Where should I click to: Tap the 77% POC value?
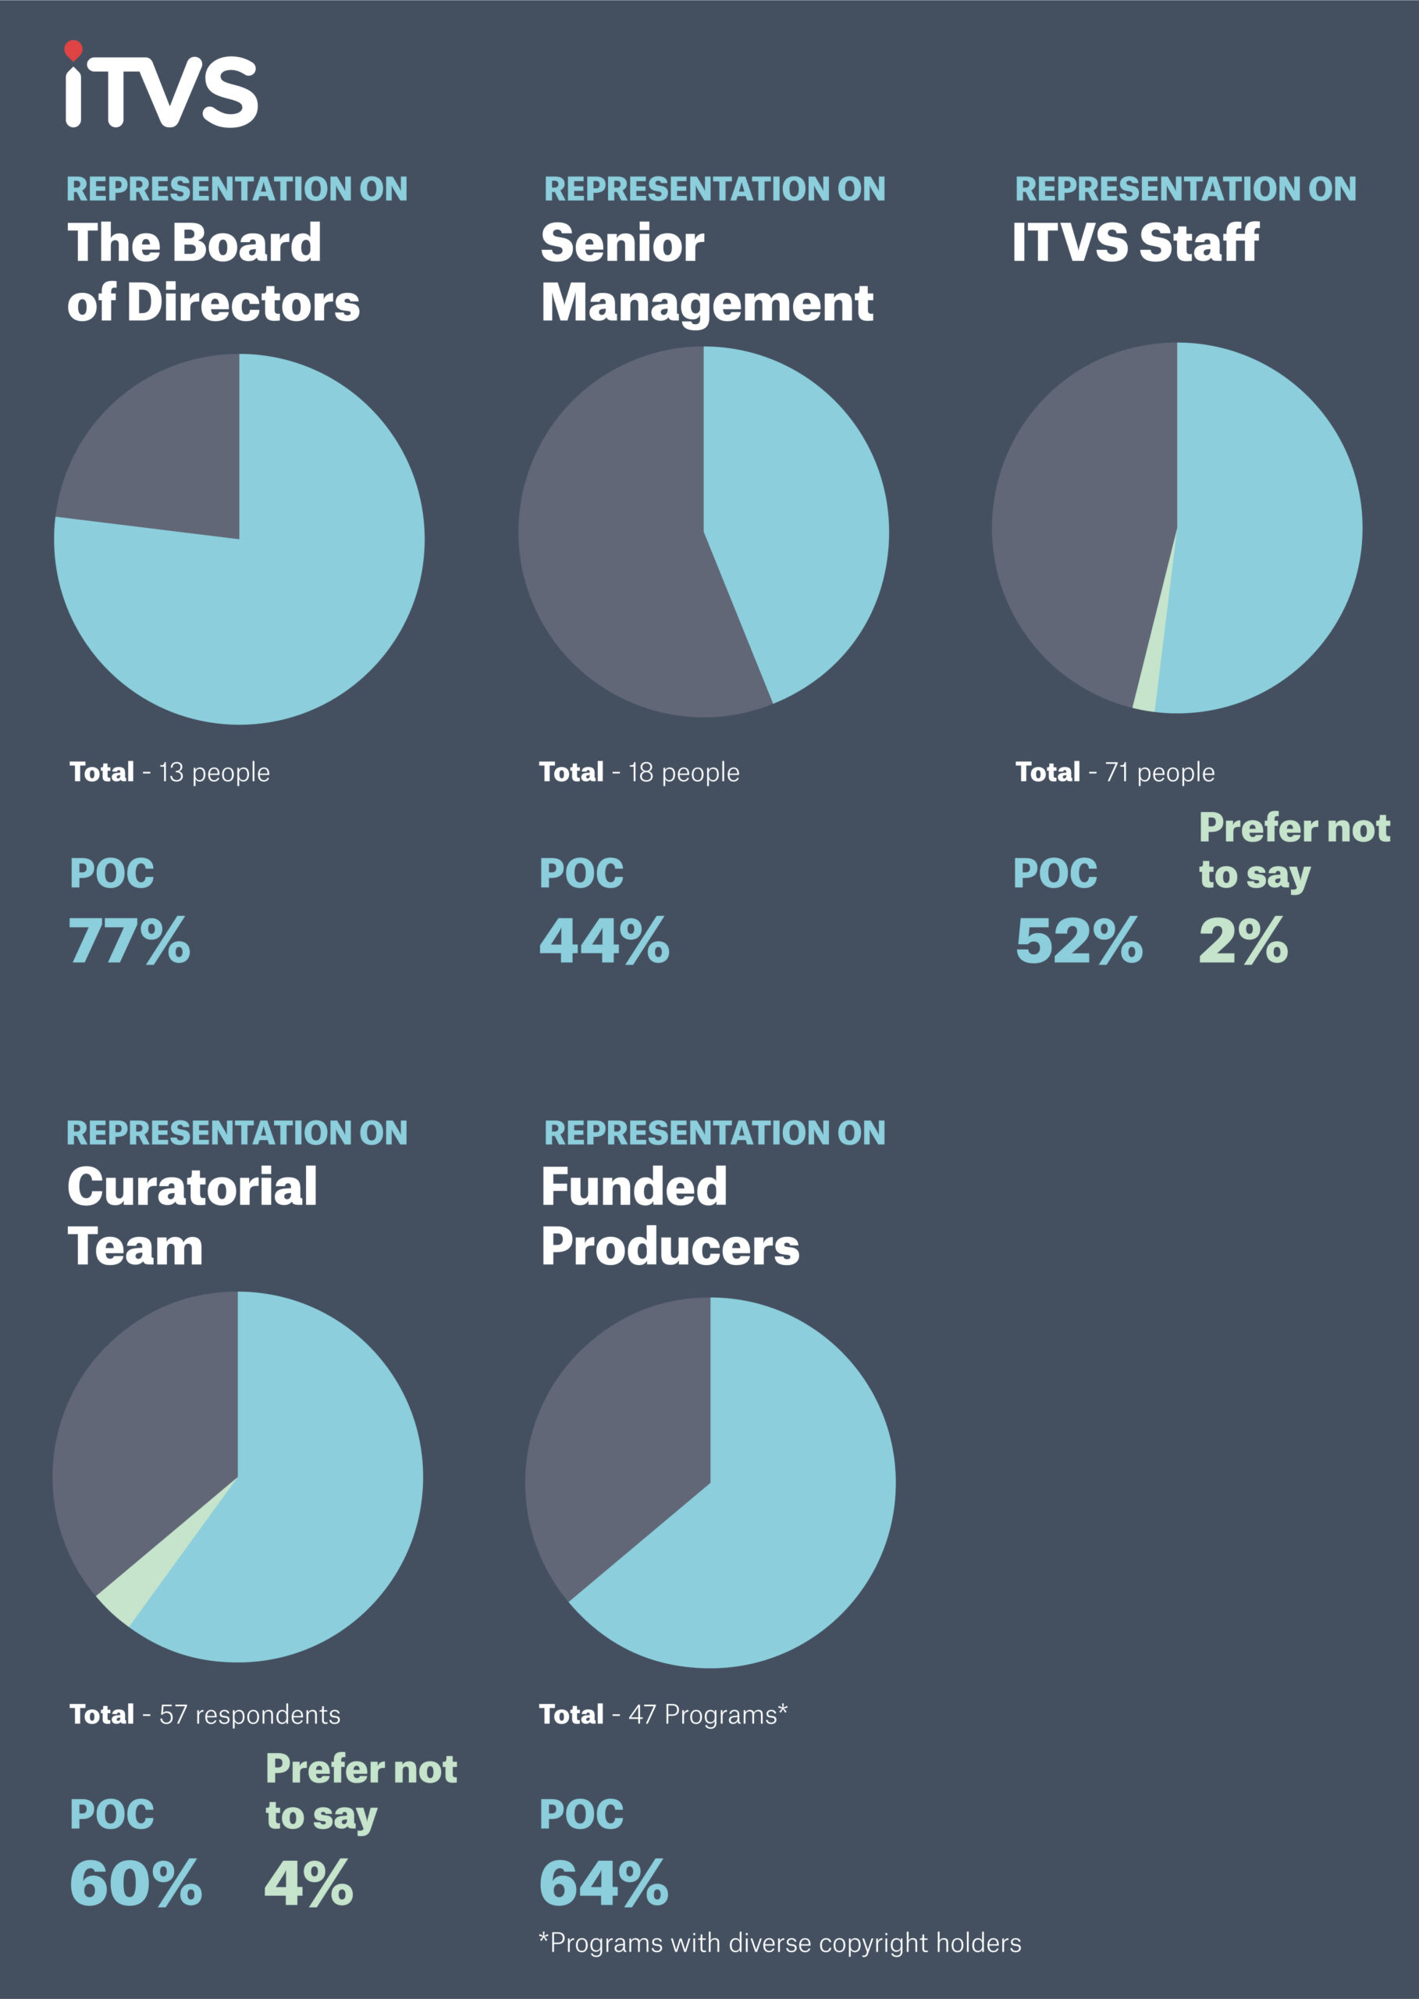(x=130, y=942)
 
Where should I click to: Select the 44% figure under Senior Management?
(x=604, y=942)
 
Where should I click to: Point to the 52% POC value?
(x=1078, y=942)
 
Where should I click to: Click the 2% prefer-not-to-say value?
(x=1243, y=942)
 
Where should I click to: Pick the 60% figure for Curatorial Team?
(x=136, y=1883)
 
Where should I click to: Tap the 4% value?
(x=308, y=1883)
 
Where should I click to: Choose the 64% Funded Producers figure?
(x=604, y=1883)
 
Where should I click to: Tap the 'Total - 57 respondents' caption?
(x=204, y=1715)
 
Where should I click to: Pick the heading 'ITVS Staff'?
(x=1135, y=242)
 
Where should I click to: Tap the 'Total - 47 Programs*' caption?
(x=663, y=1715)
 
